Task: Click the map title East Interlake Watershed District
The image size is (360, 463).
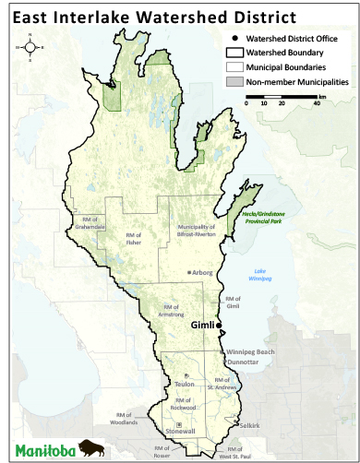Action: pos(151,17)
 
